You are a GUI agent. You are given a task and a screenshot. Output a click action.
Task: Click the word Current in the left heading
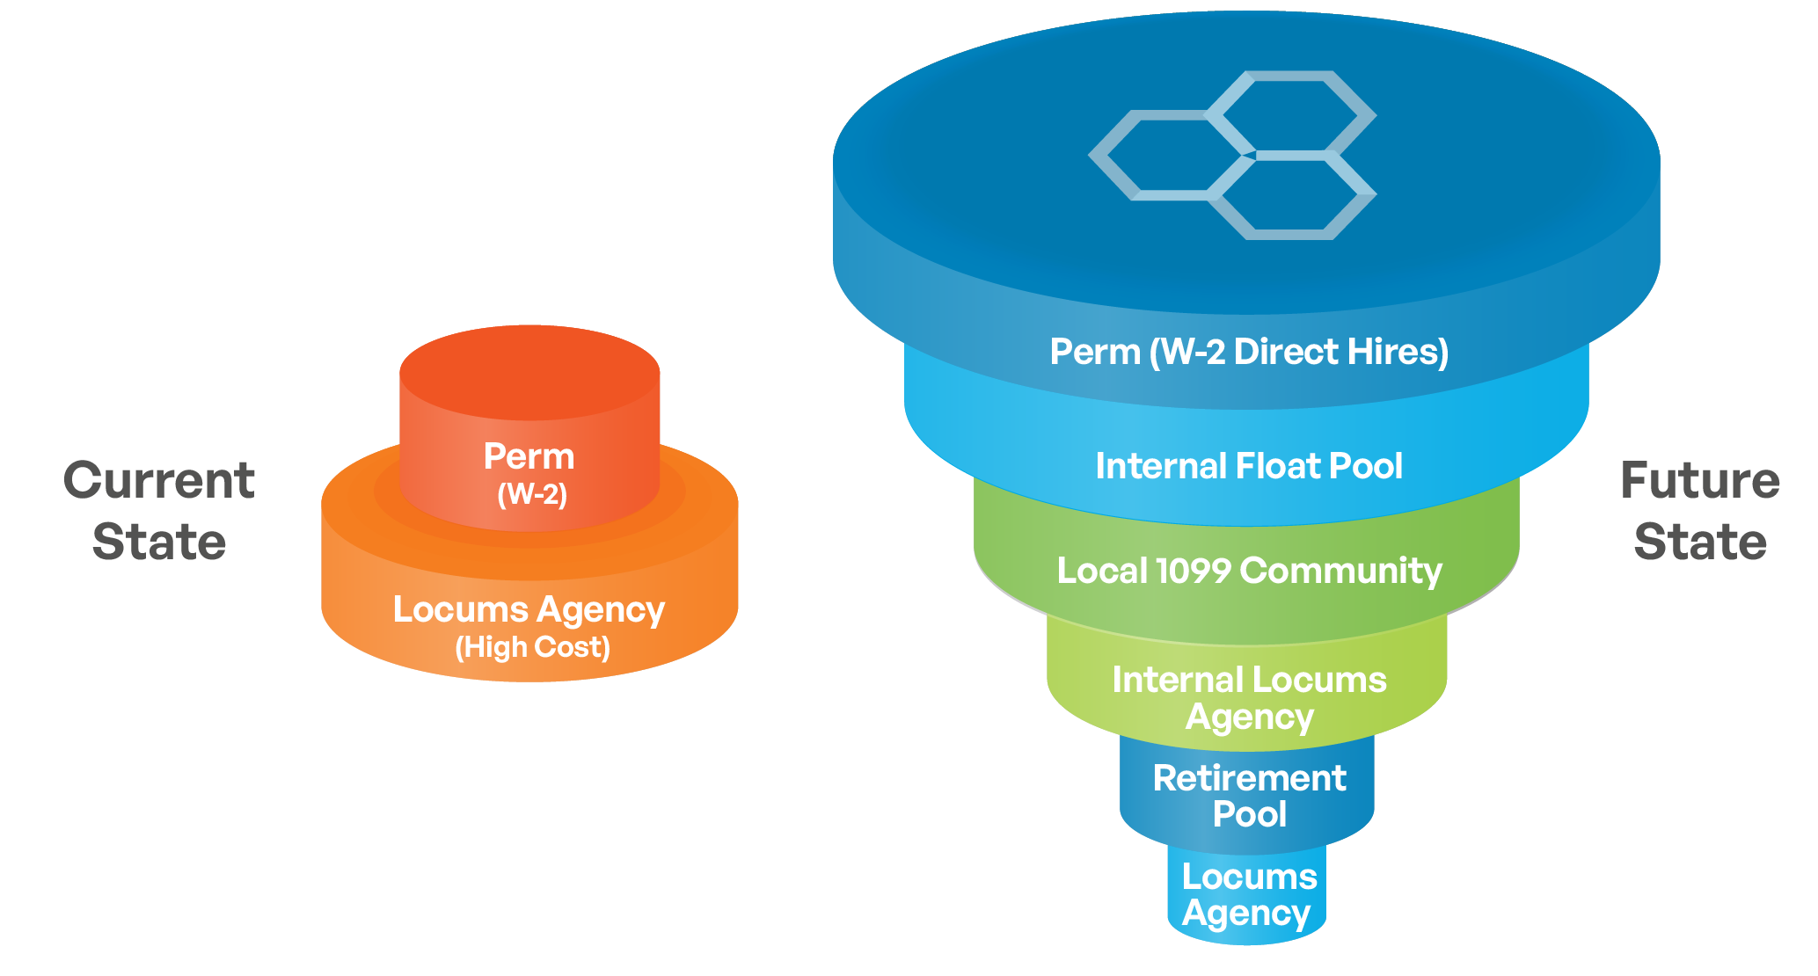[159, 481]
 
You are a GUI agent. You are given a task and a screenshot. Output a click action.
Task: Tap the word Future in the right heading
[1700, 481]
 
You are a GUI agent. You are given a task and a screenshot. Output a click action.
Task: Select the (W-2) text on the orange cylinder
[531, 494]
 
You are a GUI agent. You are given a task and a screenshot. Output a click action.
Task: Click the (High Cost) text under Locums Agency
[532, 647]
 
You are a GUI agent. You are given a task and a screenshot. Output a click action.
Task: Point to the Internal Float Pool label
[1249, 466]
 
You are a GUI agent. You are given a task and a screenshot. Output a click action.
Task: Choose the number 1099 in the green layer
[1192, 571]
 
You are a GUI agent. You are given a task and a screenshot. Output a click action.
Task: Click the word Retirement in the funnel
[1249, 778]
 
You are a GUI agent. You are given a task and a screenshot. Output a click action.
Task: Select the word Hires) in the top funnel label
[1398, 352]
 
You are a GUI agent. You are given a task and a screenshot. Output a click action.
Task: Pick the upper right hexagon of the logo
[1289, 113]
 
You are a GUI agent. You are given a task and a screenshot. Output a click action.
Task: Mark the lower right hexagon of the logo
[1289, 198]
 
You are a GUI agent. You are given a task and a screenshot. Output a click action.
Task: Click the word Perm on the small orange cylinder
[529, 457]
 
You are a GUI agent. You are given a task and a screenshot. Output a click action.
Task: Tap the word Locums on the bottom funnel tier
[1249, 877]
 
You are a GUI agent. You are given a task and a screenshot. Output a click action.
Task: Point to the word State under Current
[159, 542]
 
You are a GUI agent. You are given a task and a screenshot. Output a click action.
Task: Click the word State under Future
[1700, 542]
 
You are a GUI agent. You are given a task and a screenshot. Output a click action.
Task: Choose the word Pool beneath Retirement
[1249, 814]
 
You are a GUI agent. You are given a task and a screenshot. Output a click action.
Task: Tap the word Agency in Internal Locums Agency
[1249, 717]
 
